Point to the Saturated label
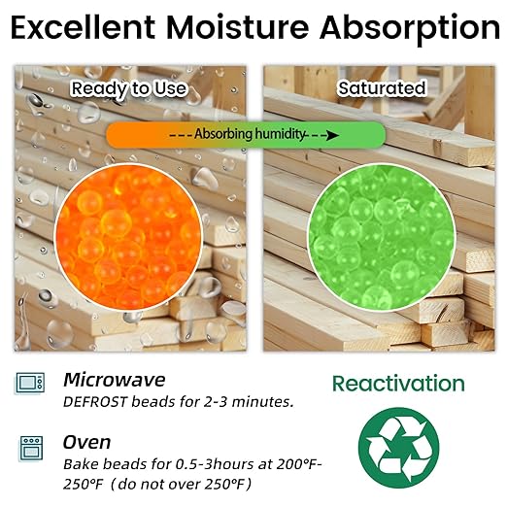[x=382, y=88]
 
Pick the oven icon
[x=30, y=448]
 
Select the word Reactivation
[x=398, y=383]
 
